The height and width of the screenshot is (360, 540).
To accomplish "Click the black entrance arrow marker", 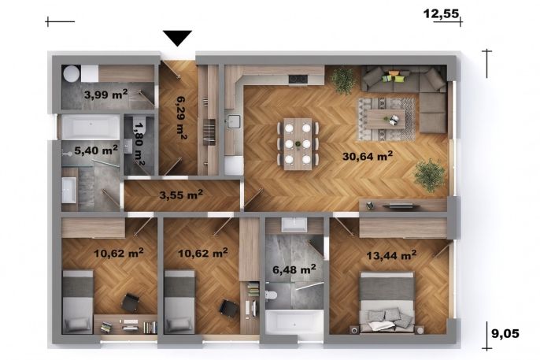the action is (x=177, y=38).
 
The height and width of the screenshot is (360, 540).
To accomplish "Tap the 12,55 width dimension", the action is (x=441, y=13).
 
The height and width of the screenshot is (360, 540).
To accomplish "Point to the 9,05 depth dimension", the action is (x=505, y=333).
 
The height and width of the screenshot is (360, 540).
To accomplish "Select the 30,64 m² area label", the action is (x=368, y=156).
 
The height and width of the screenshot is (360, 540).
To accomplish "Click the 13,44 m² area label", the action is (x=391, y=255).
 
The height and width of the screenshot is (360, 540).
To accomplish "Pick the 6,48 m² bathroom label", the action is (x=294, y=269).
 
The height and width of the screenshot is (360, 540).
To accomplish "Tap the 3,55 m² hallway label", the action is (x=181, y=195).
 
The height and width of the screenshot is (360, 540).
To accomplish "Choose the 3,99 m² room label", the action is (x=105, y=94).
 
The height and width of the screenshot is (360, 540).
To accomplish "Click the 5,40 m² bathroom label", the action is (x=96, y=150).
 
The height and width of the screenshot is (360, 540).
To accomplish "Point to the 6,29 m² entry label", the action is (x=181, y=117).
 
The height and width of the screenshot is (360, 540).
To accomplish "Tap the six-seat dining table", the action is (x=298, y=143).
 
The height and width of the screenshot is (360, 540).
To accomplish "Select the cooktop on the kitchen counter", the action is (x=298, y=80).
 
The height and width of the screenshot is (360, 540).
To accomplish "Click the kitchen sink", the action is (x=233, y=121).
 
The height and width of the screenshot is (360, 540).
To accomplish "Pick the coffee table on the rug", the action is (x=386, y=119).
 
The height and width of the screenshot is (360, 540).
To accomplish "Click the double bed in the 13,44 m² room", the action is (x=387, y=302).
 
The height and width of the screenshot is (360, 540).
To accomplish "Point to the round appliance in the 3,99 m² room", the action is (x=72, y=74).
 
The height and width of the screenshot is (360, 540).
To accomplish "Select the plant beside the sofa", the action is (x=343, y=80).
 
